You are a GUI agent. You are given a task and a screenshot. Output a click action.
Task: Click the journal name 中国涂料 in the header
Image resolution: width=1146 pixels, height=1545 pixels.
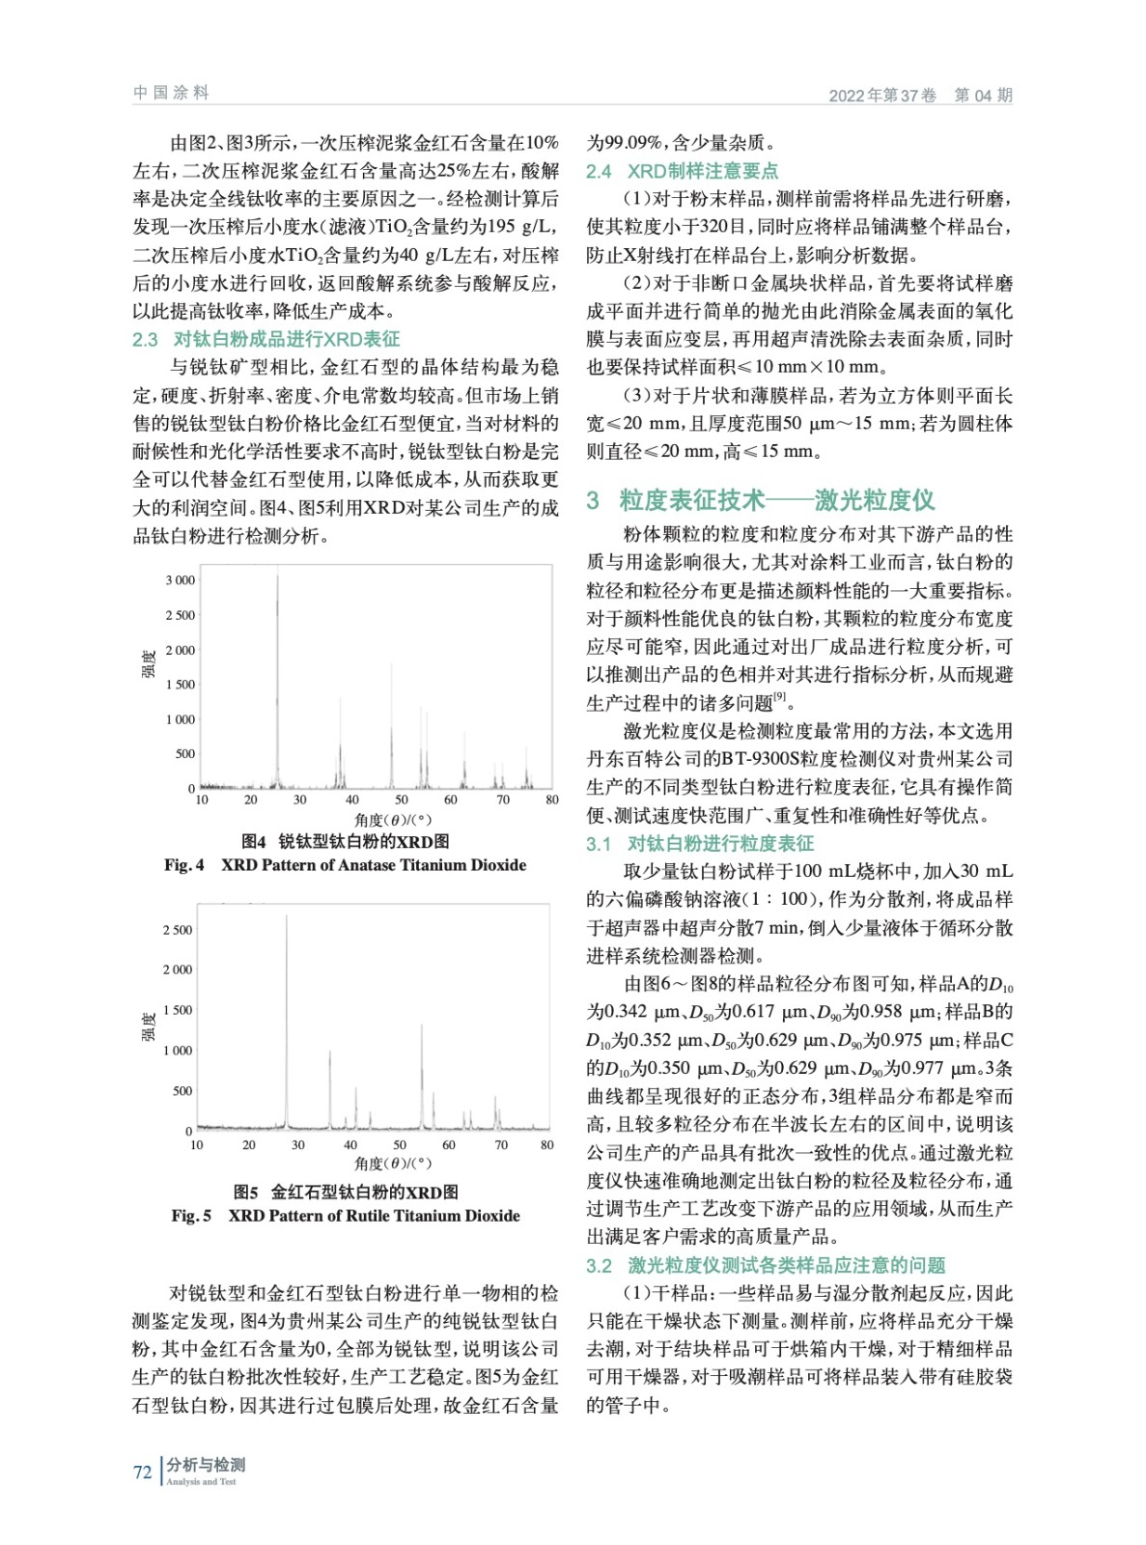[x=171, y=93]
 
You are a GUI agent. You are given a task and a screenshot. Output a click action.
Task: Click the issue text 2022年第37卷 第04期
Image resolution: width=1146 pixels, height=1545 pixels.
[x=920, y=95]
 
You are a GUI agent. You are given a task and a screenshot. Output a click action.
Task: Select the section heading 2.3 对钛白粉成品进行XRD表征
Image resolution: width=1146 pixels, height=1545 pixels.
[x=266, y=339]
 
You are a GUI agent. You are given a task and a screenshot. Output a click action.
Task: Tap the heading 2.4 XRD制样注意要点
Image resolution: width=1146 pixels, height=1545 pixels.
[x=682, y=171]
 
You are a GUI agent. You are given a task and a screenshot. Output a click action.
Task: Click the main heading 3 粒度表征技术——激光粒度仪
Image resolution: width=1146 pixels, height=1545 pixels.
[x=760, y=499]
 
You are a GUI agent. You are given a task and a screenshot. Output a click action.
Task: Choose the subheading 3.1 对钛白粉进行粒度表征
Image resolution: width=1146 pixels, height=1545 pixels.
[x=699, y=843]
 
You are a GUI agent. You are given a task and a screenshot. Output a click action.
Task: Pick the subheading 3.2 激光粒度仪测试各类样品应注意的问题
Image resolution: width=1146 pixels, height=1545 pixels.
[x=765, y=1265]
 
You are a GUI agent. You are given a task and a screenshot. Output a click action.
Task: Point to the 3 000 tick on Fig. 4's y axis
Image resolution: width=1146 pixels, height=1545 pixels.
[x=180, y=580]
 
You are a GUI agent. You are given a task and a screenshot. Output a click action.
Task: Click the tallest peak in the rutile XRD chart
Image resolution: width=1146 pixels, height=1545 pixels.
[x=286, y=917]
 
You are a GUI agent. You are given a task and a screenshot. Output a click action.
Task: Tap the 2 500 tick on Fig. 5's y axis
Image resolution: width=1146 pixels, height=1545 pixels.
[x=178, y=930]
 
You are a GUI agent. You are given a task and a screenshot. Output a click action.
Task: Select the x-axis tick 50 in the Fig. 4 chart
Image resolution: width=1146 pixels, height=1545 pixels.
[x=400, y=800]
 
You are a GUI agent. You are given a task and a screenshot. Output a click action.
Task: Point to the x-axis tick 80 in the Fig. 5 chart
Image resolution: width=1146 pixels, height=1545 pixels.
[x=547, y=1145]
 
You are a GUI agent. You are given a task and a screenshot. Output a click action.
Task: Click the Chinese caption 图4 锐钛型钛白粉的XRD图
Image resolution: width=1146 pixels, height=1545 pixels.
[x=345, y=841]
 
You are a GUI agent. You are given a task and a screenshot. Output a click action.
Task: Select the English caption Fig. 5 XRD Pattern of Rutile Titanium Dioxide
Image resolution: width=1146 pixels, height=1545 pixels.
[x=345, y=1215]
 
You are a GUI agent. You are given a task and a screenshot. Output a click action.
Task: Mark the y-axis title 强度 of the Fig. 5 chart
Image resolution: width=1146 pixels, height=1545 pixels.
[x=149, y=1026]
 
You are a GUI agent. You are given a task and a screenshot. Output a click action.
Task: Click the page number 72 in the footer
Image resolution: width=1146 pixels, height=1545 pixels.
[x=143, y=1472]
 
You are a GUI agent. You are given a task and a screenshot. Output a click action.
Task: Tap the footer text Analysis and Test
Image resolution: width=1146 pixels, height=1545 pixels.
[x=201, y=1482]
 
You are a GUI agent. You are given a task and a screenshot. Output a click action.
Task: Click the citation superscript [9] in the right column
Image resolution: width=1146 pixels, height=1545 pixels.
[x=780, y=697]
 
